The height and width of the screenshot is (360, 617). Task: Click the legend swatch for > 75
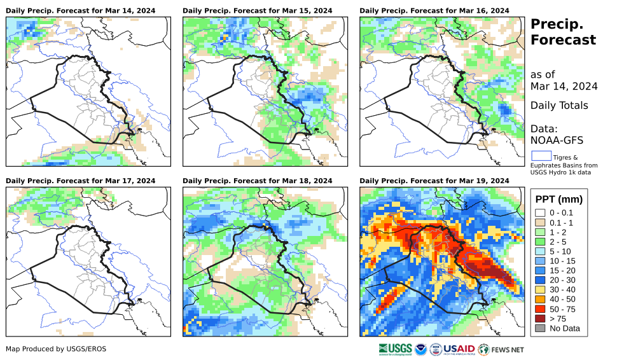pyautogui.click(x=540, y=319)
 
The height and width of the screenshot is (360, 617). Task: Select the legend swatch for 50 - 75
pyautogui.click(x=540, y=309)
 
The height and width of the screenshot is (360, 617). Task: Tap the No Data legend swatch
pyautogui.click(x=540, y=329)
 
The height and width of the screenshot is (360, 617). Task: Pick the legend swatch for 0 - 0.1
pyautogui.click(x=540, y=212)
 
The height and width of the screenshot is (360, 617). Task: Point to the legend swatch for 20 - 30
pyautogui.click(x=540, y=280)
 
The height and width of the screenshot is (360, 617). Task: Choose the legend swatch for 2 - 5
pyautogui.click(x=540, y=242)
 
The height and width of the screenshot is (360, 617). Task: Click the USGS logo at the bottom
pyautogui.click(x=394, y=349)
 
